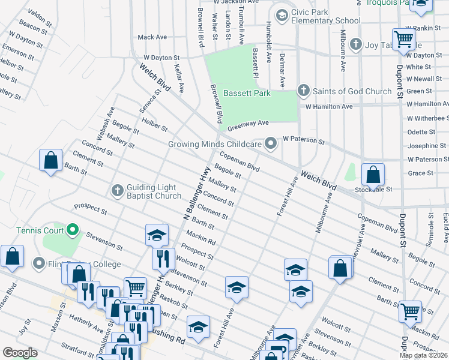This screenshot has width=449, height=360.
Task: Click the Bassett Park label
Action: click(x=247, y=93)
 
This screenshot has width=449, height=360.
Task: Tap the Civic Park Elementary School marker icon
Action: click(x=280, y=14)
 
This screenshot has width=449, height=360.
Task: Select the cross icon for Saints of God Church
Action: click(x=303, y=91)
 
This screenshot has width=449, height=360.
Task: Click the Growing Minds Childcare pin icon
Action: click(x=271, y=143)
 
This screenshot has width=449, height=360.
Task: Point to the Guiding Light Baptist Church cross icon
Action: click(x=118, y=191)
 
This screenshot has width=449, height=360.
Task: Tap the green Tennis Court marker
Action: click(x=73, y=229)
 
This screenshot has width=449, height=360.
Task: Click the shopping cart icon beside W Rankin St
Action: click(x=404, y=40)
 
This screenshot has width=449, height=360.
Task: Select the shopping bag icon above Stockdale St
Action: click(x=373, y=175)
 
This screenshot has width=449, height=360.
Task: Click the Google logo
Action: click(x=20, y=353)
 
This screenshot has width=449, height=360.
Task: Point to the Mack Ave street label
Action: click(x=152, y=37)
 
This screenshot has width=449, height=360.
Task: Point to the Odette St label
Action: click(x=421, y=132)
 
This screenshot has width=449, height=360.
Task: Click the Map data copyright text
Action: click(x=423, y=355)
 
